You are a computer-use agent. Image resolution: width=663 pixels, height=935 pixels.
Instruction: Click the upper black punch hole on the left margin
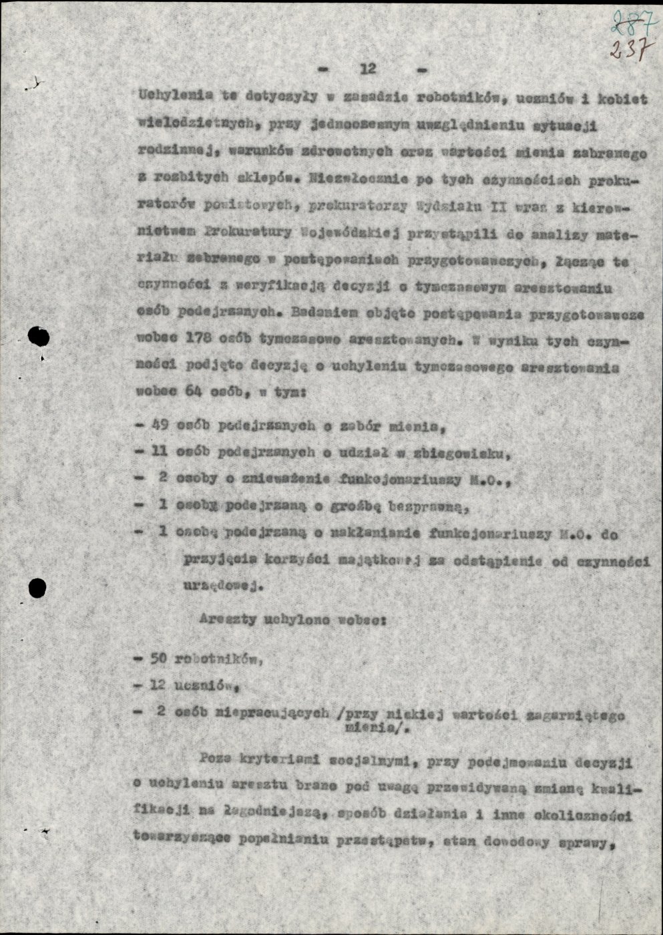point(41,337)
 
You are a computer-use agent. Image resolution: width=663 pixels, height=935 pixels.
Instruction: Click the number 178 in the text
point(194,339)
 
